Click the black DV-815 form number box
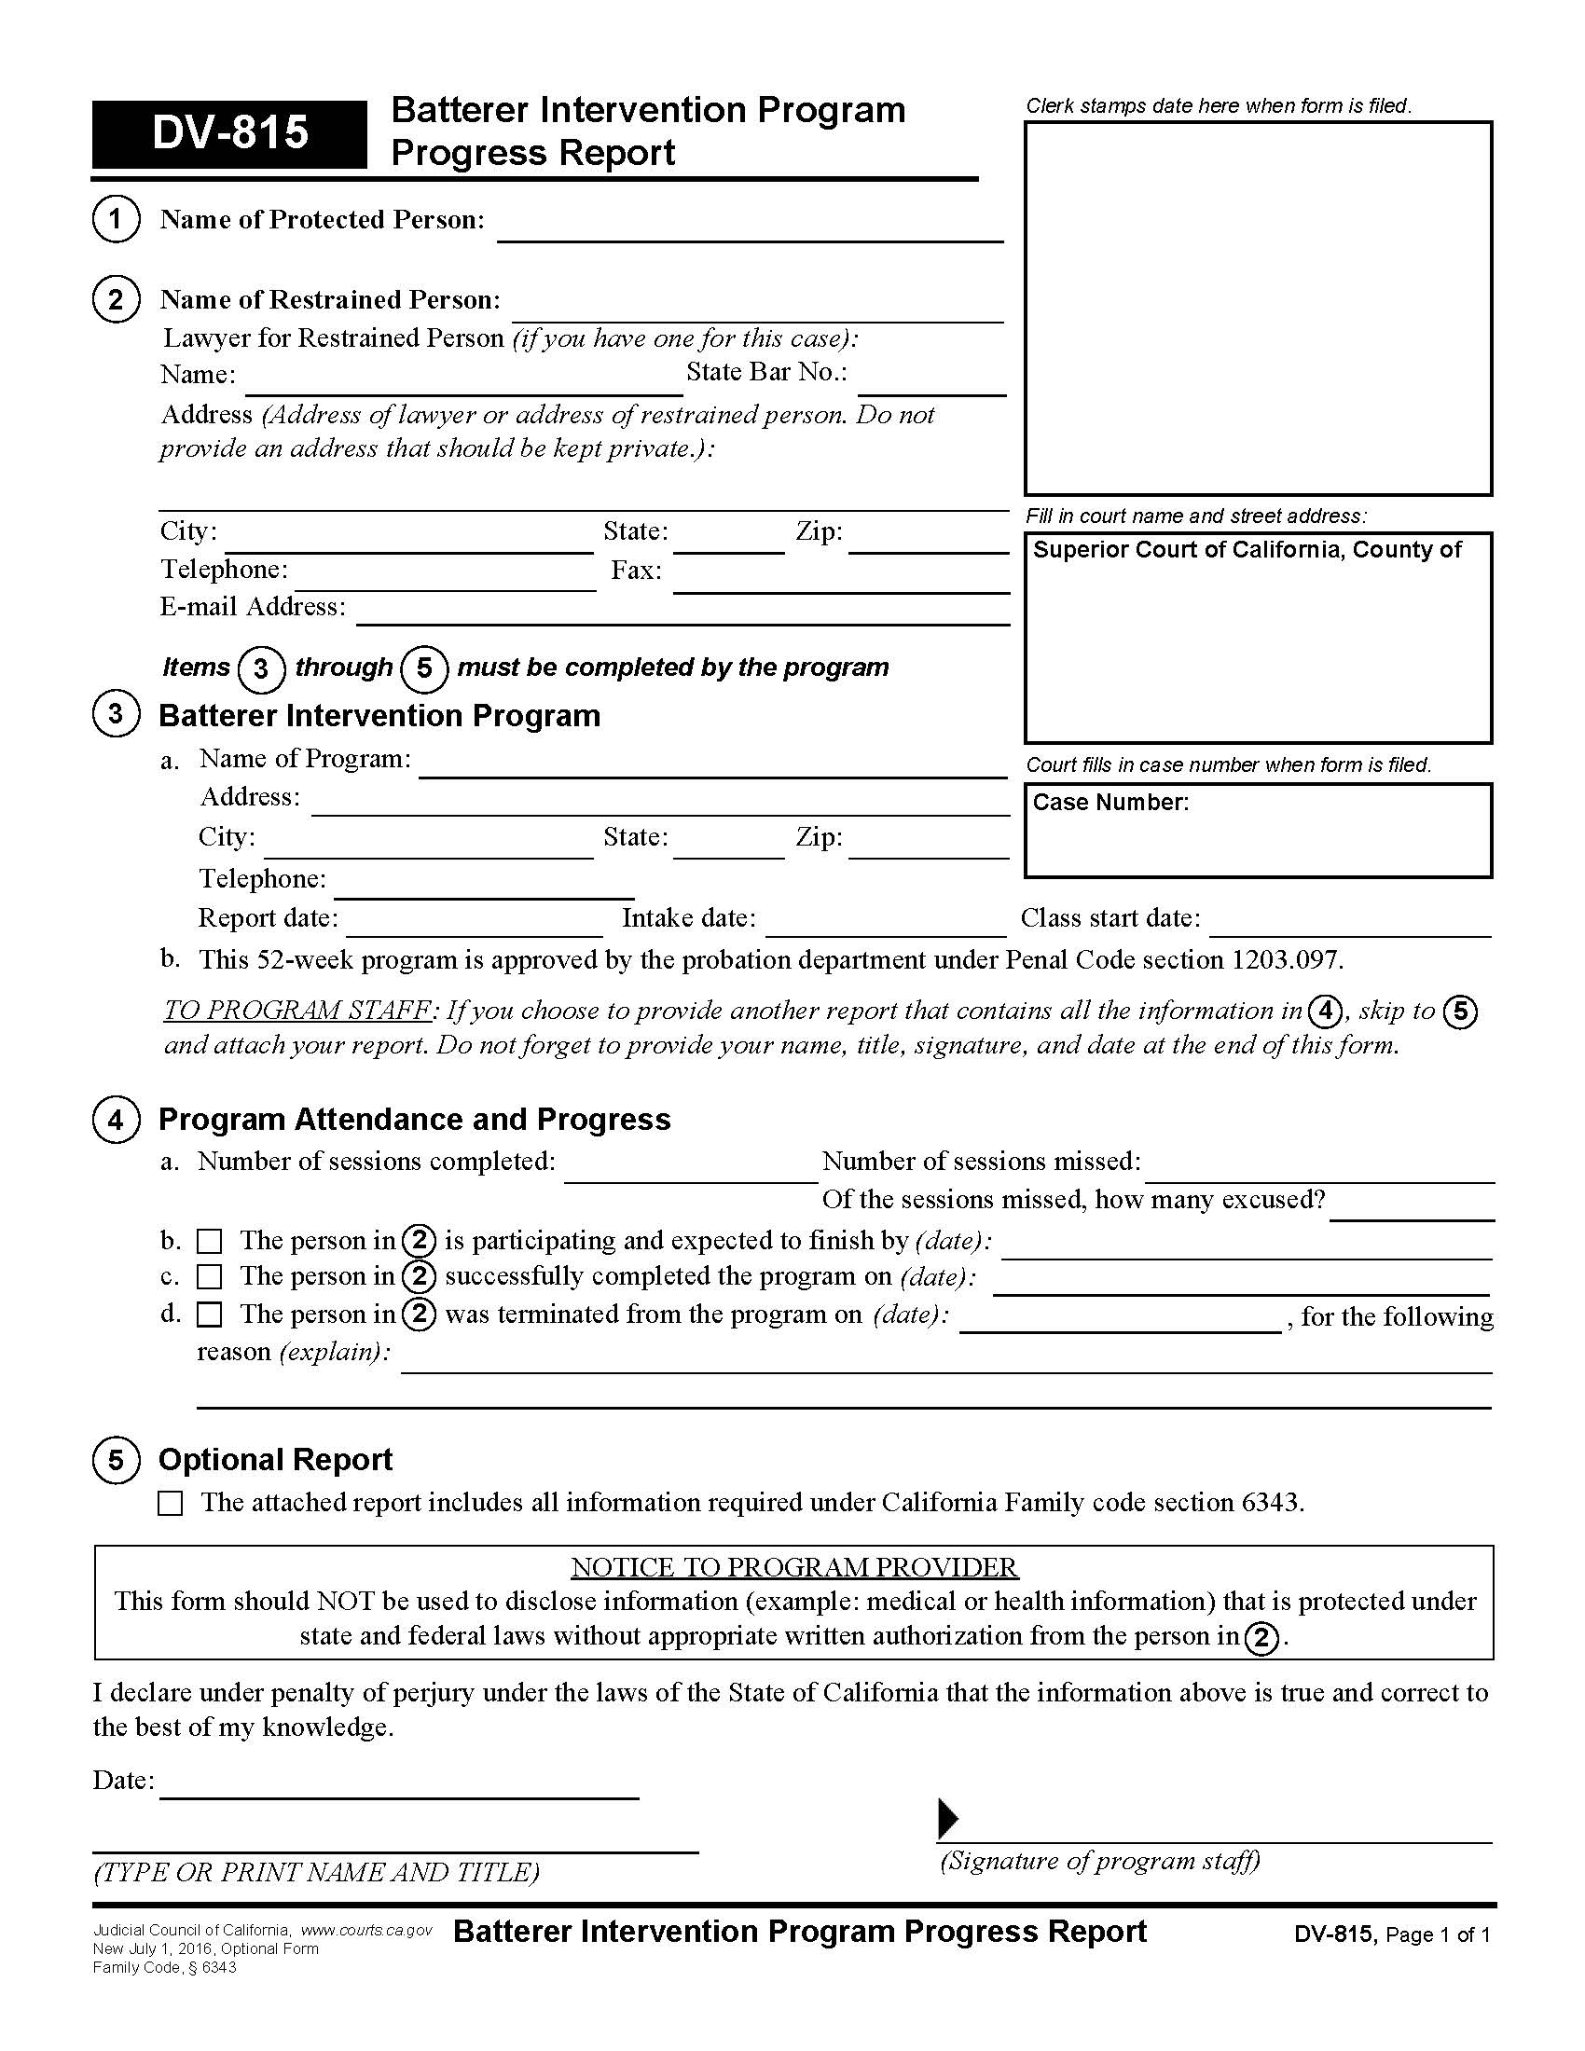point(228,133)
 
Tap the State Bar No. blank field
point(931,383)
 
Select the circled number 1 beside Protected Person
point(116,219)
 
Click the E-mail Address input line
point(682,613)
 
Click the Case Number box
point(1258,830)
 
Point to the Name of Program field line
point(711,766)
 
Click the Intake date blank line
point(886,924)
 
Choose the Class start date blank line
point(1349,924)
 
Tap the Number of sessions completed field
point(690,1169)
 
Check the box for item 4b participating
point(210,1242)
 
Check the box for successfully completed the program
point(210,1277)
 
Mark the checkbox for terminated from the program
point(210,1315)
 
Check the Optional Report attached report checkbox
point(170,1504)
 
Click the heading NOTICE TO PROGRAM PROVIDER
point(794,1567)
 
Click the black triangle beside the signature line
point(948,1819)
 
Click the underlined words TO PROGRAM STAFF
point(297,1011)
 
